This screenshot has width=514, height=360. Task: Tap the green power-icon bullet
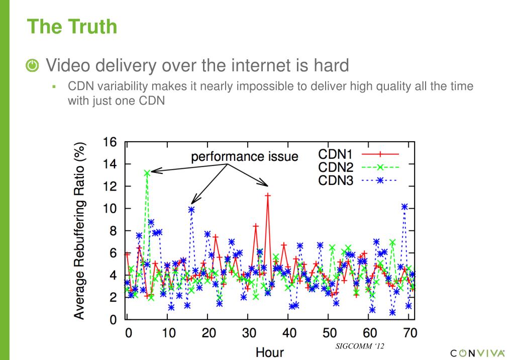[32, 65]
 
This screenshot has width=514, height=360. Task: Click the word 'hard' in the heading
[328, 65]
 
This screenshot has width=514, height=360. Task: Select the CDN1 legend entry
[358, 154]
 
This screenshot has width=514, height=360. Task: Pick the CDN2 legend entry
[358, 167]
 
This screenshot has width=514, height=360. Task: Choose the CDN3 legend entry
[358, 180]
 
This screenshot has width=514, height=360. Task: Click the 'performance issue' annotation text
[244, 156]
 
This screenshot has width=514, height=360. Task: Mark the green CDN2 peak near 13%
[147, 172]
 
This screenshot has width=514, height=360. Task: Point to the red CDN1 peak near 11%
[268, 195]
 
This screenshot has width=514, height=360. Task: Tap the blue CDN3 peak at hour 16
[191, 209]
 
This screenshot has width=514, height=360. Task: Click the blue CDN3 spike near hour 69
[404, 207]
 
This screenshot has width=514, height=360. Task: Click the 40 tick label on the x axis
[289, 333]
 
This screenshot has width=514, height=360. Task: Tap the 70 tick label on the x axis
[410, 333]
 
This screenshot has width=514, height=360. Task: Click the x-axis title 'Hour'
[270, 351]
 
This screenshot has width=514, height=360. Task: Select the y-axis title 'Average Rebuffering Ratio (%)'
[79, 230]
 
